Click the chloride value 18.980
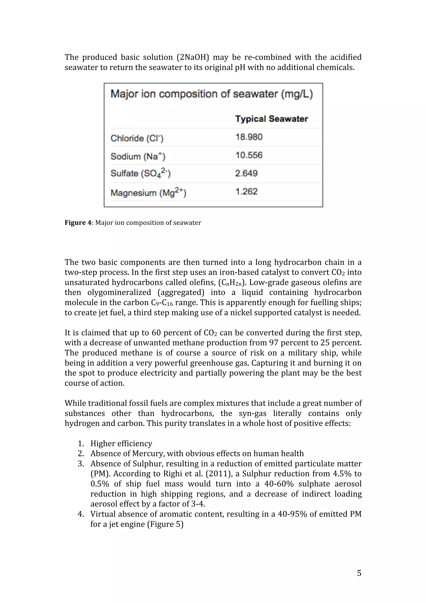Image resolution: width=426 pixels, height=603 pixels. (249, 137)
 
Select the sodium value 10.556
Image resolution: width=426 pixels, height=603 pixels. (249, 155)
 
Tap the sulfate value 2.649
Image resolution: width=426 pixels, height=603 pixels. (246, 173)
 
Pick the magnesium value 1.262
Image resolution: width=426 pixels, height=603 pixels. (246, 191)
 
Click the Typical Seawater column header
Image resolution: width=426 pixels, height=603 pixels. (271, 119)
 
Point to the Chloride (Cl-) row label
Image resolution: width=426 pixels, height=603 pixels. (137, 138)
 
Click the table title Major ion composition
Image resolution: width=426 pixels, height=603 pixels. (212, 94)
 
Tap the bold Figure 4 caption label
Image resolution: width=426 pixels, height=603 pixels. (78, 223)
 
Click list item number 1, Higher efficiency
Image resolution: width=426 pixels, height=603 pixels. (121, 443)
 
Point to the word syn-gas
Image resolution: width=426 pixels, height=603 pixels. (253, 413)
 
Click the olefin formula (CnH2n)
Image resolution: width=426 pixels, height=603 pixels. (233, 282)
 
